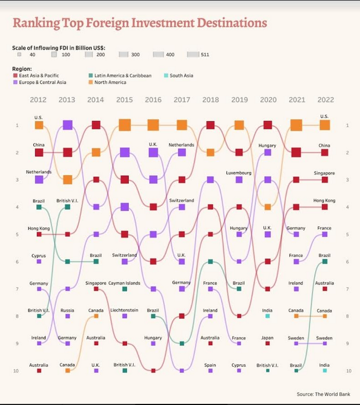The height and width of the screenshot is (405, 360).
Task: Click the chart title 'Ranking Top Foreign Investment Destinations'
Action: [x=139, y=23]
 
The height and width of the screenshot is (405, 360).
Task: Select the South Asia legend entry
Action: [x=181, y=76]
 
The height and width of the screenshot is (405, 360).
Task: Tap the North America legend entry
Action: [x=110, y=82]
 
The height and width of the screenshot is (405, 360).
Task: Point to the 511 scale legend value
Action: [x=205, y=55]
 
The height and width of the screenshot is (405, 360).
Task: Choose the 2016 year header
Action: [x=153, y=100]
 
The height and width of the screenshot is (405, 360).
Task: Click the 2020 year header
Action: [x=268, y=100]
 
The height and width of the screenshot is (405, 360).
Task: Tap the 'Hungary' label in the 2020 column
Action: [x=267, y=146]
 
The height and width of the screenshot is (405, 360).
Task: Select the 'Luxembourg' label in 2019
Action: [x=239, y=173]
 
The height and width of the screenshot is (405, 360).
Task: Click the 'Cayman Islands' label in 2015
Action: [x=124, y=283]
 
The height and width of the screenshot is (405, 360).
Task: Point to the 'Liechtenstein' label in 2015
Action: [x=124, y=310]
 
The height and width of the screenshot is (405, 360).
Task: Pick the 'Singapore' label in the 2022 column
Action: [x=324, y=173]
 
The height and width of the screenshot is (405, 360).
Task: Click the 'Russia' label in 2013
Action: [x=67, y=310]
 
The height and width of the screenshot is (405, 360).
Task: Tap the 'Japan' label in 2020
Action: [x=268, y=337]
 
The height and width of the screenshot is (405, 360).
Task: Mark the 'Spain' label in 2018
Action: [x=210, y=365]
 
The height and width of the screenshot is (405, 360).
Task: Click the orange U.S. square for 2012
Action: [x=39, y=126]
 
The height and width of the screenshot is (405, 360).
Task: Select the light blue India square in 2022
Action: [x=325, y=371]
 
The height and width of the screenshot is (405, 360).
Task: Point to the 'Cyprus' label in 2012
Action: [x=39, y=256]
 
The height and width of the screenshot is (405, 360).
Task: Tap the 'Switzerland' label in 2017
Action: [x=181, y=200]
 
